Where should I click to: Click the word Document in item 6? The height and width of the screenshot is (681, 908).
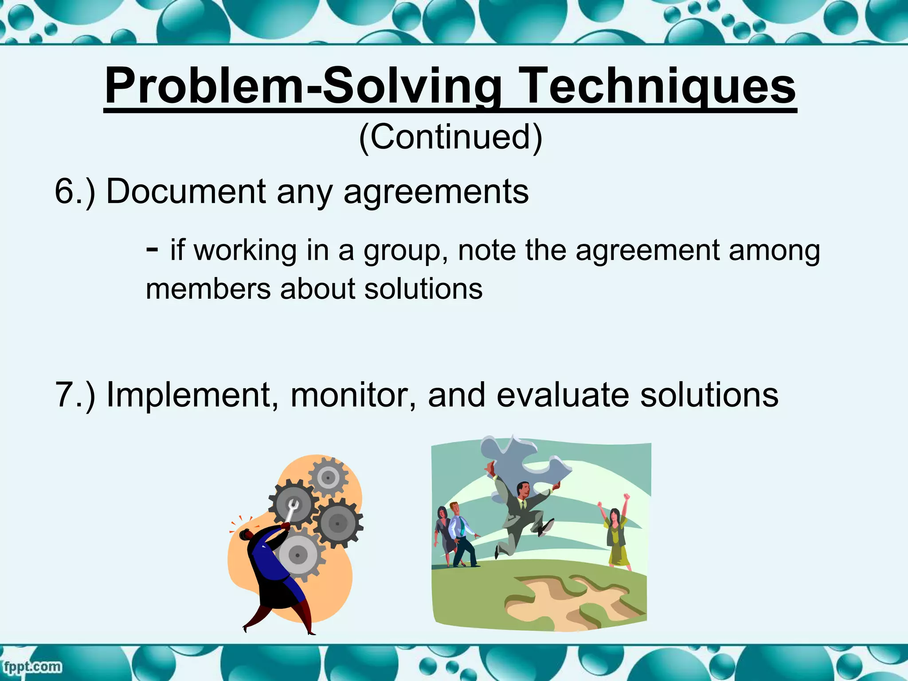[x=186, y=192]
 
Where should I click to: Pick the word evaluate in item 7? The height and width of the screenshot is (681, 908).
[x=562, y=395]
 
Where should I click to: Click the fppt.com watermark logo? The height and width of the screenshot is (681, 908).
[x=32, y=667]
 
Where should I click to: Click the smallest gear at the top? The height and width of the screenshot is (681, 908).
[x=328, y=477]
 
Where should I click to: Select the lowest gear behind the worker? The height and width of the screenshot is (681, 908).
[x=298, y=554]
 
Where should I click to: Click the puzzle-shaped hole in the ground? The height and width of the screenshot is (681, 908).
[x=572, y=601]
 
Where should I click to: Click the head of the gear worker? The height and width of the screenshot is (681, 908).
[x=247, y=535]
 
